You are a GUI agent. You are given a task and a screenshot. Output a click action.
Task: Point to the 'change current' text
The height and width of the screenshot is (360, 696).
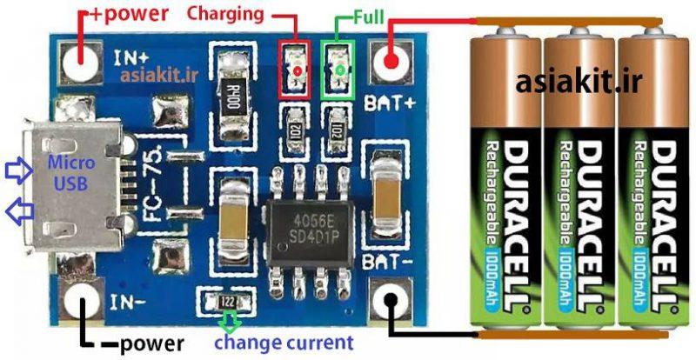click(284, 342)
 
